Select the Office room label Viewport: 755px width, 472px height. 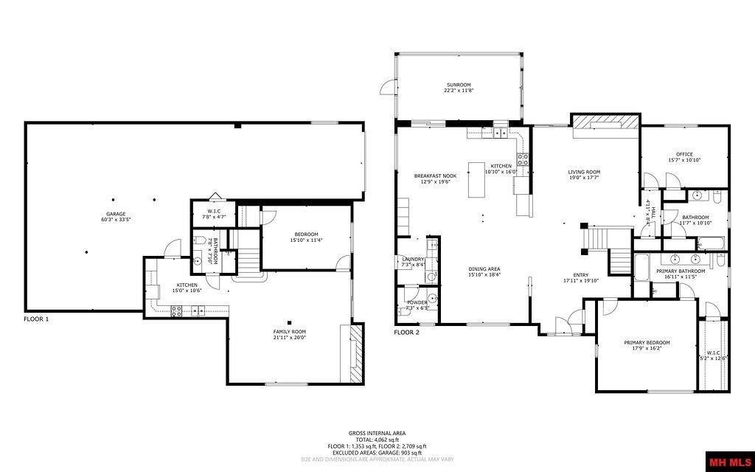pyautogui.click(x=684, y=157)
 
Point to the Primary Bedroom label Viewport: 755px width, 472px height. pyautogui.click(x=647, y=345)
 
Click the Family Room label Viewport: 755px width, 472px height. pyautogui.click(x=289, y=334)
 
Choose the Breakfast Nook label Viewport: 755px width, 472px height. pyautogui.click(x=435, y=178)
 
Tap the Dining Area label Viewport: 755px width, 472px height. pyautogui.click(x=484, y=271)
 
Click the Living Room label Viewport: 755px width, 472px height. pyautogui.click(x=583, y=174)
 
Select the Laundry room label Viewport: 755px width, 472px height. pyautogui.click(x=412, y=262)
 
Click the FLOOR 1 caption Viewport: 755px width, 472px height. pyautogui.click(x=36, y=319)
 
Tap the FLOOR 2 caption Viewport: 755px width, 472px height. pyautogui.click(x=406, y=333)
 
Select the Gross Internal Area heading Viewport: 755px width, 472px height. pyautogui.click(x=377, y=433)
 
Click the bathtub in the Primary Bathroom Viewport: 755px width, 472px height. pyautogui.click(x=641, y=267)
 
